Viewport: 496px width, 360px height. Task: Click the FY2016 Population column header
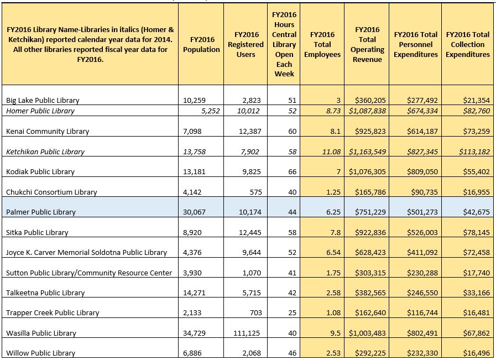pos(201,45)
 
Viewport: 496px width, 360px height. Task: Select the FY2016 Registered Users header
pos(246,45)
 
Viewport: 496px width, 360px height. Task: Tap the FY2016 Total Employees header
pos(322,45)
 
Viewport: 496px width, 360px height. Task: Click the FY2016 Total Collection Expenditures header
pos(468,45)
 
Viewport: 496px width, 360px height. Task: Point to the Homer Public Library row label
pos(40,111)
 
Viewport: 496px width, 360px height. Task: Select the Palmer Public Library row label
pos(41,212)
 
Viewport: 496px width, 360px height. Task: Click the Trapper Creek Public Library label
pos(53,313)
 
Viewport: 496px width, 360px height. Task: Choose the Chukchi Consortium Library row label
pos(51,192)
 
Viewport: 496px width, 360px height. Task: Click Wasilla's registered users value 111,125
pos(247,333)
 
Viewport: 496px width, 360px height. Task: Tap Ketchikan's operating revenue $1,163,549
pos(367,152)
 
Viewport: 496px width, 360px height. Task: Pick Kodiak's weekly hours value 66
pos(293,172)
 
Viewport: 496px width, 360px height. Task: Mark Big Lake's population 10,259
pos(194,101)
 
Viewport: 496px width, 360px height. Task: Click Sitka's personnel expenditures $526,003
pos(422,232)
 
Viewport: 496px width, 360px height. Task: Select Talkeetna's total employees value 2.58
pos(333,293)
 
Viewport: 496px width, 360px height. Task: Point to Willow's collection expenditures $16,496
pos(477,353)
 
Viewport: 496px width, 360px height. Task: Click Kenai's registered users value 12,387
pos(250,131)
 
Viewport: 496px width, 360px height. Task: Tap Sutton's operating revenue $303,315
pos(370,273)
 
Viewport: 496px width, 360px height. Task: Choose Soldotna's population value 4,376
pos(192,253)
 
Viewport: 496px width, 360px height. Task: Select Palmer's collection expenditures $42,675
pos(477,212)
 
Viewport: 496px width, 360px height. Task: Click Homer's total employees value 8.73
pos(333,111)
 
